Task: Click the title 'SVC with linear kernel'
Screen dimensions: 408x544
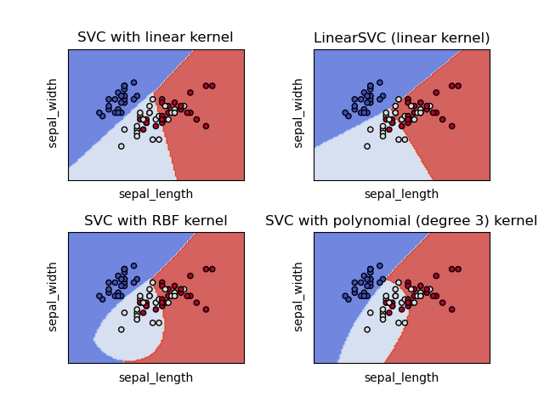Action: tap(155, 37)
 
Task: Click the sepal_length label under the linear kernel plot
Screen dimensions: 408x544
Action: tap(156, 194)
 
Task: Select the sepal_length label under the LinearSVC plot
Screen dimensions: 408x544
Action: tap(401, 194)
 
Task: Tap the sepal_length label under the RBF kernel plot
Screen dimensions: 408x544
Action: tap(156, 377)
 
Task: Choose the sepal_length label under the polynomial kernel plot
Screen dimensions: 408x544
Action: tap(401, 377)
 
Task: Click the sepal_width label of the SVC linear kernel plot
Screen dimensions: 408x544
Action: tap(53, 114)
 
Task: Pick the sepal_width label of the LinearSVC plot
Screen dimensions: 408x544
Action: tap(298, 114)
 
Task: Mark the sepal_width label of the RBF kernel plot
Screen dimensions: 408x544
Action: tap(53, 297)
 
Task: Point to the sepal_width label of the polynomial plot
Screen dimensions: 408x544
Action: tap(298, 297)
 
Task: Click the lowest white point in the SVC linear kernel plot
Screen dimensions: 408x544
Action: tap(122, 146)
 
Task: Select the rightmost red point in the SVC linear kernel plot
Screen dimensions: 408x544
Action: tap(212, 86)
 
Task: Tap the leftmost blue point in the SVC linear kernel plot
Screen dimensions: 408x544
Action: tap(99, 112)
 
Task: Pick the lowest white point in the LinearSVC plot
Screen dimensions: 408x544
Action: tap(367, 146)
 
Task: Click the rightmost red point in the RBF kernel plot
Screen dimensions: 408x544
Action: tap(212, 269)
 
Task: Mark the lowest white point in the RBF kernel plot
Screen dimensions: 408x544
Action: tap(122, 330)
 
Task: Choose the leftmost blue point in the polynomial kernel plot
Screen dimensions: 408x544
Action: tap(345, 296)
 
